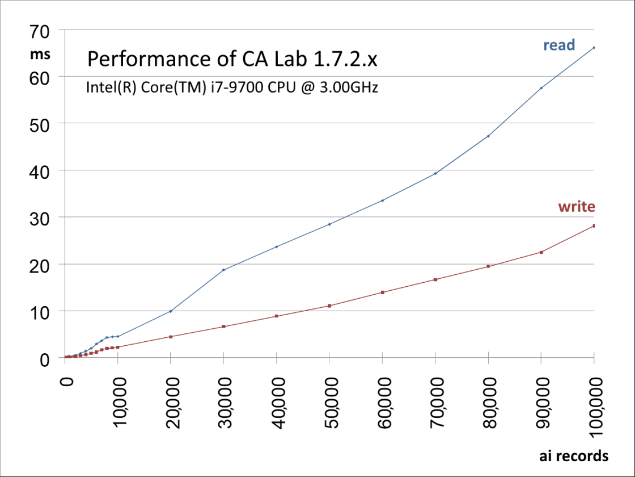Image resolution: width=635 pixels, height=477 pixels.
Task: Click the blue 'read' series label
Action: tap(559, 45)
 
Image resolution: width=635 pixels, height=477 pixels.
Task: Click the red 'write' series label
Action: tap(577, 207)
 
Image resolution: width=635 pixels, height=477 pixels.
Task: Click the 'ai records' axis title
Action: tap(573, 456)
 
